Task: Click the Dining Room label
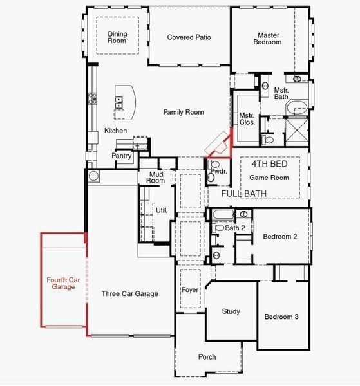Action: (x=117, y=37)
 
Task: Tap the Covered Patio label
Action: (x=189, y=37)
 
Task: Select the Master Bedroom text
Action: (x=269, y=39)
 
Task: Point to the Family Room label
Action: (x=183, y=112)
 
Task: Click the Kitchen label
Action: (x=116, y=131)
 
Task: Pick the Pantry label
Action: (x=122, y=156)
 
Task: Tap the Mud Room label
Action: (x=156, y=178)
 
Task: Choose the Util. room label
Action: (x=161, y=210)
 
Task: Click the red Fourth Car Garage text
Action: (x=63, y=283)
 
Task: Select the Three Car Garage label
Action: (x=129, y=293)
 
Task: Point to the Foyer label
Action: (x=189, y=290)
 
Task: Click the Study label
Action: (x=231, y=311)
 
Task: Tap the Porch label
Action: (x=207, y=357)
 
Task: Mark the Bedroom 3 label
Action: (x=281, y=317)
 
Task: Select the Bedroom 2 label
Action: (x=279, y=237)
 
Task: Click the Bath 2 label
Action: (x=235, y=228)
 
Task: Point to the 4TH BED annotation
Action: (x=269, y=164)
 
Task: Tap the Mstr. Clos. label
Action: (x=247, y=118)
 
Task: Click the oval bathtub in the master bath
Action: (x=297, y=107)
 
